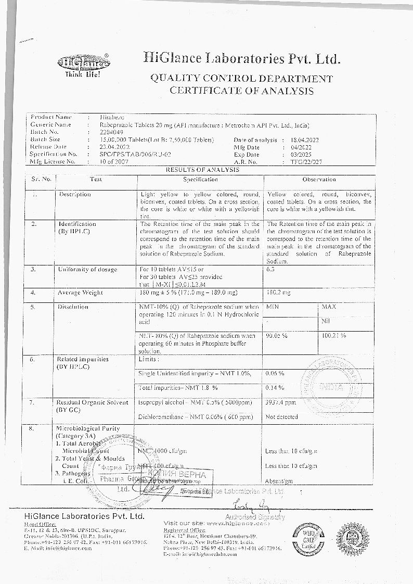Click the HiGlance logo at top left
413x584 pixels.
(83, 65)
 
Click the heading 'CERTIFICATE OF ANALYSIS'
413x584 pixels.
(241, 91)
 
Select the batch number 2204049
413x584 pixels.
(110, 132)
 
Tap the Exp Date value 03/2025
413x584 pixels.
(302, 155)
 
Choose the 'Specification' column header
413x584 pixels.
(200, 179)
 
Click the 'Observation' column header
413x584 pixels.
(319, 179)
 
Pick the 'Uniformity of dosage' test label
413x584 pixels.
(88, 270)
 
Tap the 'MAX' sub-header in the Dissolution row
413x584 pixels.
(329, 307)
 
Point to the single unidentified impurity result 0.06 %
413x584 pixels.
(275, 374)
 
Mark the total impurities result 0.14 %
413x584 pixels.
(275, 388)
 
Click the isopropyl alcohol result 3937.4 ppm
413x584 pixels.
(281, 402)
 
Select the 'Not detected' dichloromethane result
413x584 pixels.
(281, 417)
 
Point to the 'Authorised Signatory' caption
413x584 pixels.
(255, 517)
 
